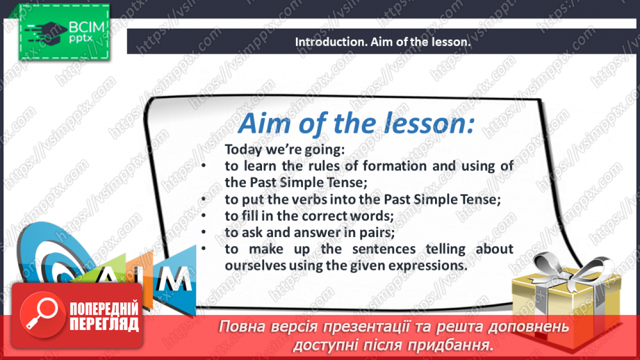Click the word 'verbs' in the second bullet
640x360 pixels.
tap(310, 199)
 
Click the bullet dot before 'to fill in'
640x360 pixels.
tap(204, 215)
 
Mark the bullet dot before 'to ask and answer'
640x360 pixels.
tap(204, 232)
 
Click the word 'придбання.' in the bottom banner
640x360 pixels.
tap(459, 345)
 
